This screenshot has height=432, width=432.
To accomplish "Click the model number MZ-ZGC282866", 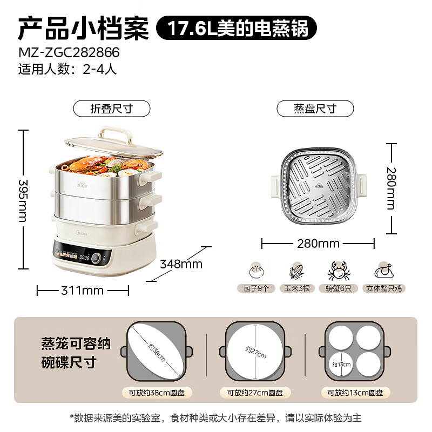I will pyautogui.click(x=69, y=53).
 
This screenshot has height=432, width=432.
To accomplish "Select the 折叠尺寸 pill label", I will pyautogui.click(x=111, y=109).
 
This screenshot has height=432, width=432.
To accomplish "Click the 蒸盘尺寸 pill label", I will pyautogui.click(x=315, y=109).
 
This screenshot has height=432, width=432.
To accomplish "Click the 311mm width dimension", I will pyautogui.click(x=83, y=291).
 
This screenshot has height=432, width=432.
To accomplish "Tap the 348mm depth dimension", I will pyautogui.click(x=181, y=264).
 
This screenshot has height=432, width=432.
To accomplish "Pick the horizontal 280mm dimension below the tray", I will pyautogui.click(x=318, y=244).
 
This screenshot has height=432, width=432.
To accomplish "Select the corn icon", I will pyautogui.click(x=295, y=271).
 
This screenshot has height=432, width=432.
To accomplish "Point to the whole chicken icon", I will pyautogui.click(x=384, y=271).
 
